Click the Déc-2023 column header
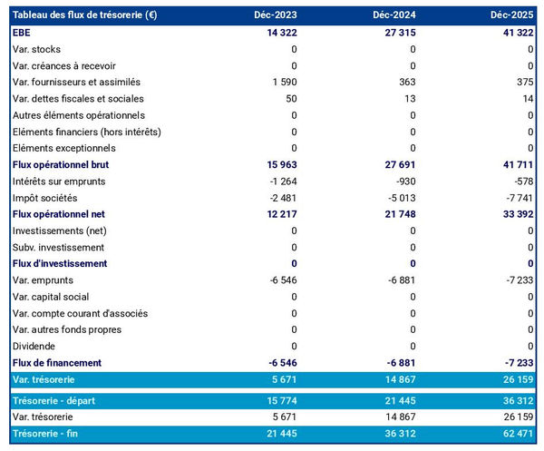[x=276, y=15]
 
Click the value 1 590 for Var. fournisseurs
[x=283, y=82]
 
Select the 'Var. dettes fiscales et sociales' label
[x=78, y=99]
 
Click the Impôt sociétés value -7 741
[x=517, y=198]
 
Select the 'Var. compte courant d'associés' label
[x=81, y=313]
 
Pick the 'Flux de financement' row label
[x=56, y=362]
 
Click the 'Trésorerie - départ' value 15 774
[x=279, y=400]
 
